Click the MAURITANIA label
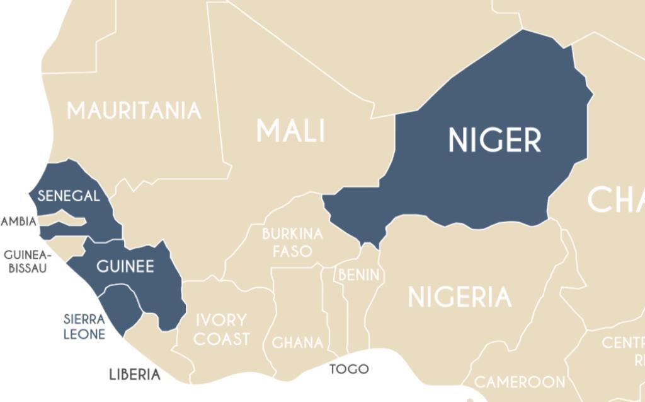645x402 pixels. tap(134, 111)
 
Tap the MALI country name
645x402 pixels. tap(290, 131)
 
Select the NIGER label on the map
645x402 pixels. tap(494, 140)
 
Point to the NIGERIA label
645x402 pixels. tap(459, 297)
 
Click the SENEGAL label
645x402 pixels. tap(69, 196)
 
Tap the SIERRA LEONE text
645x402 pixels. tap(84, 326)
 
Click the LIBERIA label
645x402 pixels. tap(135, 375)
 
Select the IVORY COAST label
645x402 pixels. tap(221, 329)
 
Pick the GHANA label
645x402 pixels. tap(297, 343)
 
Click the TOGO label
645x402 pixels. tap(349, 369)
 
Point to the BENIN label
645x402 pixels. tap(359, 275)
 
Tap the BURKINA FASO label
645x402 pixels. tap(292, 242)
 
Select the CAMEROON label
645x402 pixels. tap(519, 382)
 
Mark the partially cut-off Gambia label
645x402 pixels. tap(19, 222)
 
